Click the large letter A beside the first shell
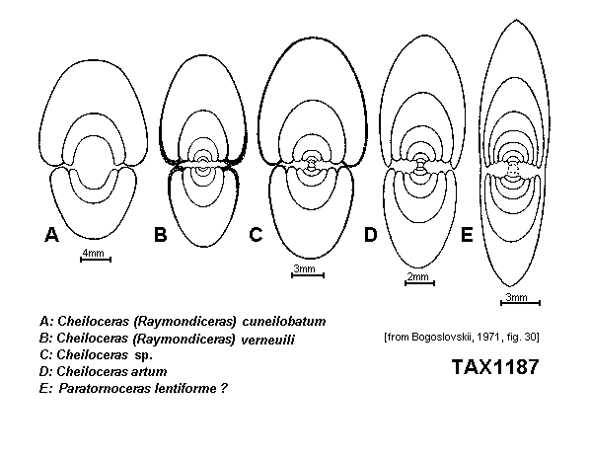(52, 235)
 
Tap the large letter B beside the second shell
(160, 235)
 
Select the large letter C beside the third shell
(256, 235)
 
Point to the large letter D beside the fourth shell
(371, 235)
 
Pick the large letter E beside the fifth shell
(467, 235)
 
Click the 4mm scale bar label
(94, 253)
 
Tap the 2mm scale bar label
(418, 276)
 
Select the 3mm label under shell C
(305, 268)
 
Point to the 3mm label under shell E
(516, 297)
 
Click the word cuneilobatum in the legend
(284, 322)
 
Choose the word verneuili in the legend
(267, 340)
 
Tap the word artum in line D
(149, 372)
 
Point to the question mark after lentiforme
(224, 388)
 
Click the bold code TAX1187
(495, 367)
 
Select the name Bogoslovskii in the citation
(442, 337)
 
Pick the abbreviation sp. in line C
(144, 355)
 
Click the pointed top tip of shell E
(515, 20)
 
